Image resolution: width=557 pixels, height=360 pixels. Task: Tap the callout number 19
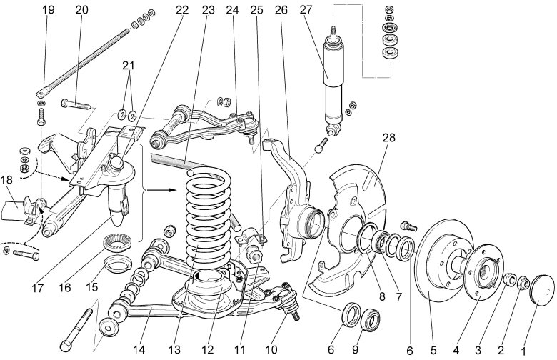click(x=49, y=11)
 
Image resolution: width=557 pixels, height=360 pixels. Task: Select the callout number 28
click(x=389, y=136)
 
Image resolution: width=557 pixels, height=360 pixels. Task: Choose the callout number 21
click(x=129, y=65)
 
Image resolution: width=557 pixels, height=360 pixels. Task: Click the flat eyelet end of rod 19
click(x=44, y=92)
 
